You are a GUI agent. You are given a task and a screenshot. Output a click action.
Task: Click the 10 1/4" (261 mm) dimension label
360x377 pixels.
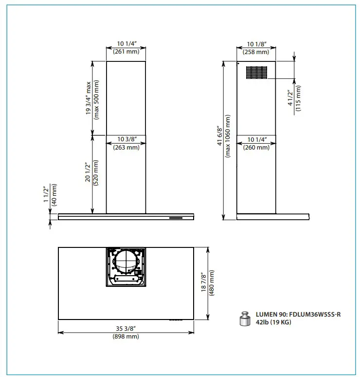126,47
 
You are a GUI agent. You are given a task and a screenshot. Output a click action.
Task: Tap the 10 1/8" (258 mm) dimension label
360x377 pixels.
256,47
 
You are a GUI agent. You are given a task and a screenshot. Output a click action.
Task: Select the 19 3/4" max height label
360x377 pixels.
92,98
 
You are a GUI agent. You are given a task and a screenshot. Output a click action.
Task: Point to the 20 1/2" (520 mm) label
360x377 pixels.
92,174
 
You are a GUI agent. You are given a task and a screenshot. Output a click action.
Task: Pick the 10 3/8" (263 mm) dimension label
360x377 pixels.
126,143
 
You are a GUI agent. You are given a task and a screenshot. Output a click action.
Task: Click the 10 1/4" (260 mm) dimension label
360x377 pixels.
256,143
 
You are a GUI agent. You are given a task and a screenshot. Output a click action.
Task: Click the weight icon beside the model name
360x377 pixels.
244,319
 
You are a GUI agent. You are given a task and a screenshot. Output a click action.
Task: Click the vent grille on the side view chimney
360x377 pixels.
256,72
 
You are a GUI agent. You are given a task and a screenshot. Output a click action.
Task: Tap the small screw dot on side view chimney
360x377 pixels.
238,64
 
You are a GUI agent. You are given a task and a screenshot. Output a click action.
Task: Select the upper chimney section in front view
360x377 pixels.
126,98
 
